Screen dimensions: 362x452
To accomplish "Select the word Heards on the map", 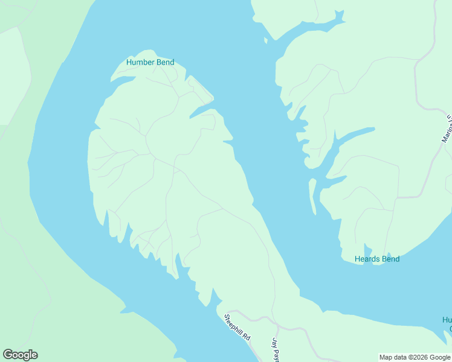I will click(x=367, y=259).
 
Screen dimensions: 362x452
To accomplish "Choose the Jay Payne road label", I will click(x=275, y=350).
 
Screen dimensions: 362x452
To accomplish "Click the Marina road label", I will click(x=447, y=129).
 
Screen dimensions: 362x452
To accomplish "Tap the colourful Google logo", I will click(x=20, y=355).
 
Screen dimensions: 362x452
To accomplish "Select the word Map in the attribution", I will click(x=386, y=357).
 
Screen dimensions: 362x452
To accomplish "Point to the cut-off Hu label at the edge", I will click(x=447, y=320).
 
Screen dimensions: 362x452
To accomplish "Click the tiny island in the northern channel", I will click(x=265, y=40).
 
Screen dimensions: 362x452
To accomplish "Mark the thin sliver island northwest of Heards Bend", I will click(x=312, y=196).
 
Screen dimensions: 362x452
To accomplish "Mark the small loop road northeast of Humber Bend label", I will click(x=199, y=91).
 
